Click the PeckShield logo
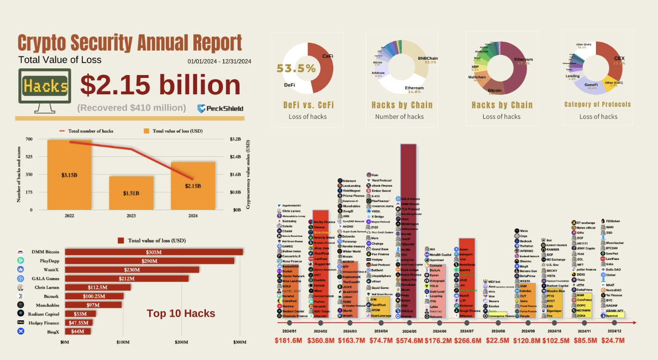(220, 108)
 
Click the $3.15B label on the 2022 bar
(69, 175)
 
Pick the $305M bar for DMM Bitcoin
(154, 252)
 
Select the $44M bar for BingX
(78, 331)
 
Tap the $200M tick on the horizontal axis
(181, 342)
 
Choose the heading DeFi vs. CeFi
(308, 105)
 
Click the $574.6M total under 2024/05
(409, 341)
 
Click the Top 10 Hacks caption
(181, 314)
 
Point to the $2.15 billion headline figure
(160, 85)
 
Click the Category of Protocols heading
(597, 104)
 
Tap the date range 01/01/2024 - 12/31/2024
(219, 62)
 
